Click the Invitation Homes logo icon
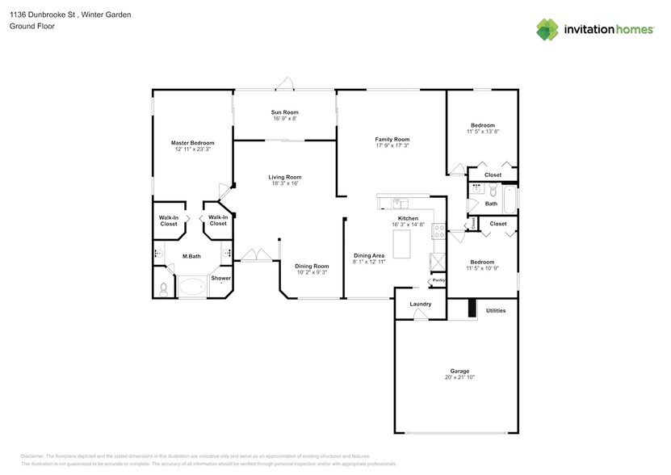[548, 29]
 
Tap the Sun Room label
[284, 112]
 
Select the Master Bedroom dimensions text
[192, 149]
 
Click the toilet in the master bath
[162, 288]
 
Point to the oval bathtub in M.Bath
[192, 286]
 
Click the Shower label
[220, 279]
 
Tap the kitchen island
[401, 244]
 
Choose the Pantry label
[439, 280]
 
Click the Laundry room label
[421, 304]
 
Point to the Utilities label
[496, 310]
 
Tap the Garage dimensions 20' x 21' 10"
[459, 378]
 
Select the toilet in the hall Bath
[477, 191]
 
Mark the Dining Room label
[311, 266]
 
